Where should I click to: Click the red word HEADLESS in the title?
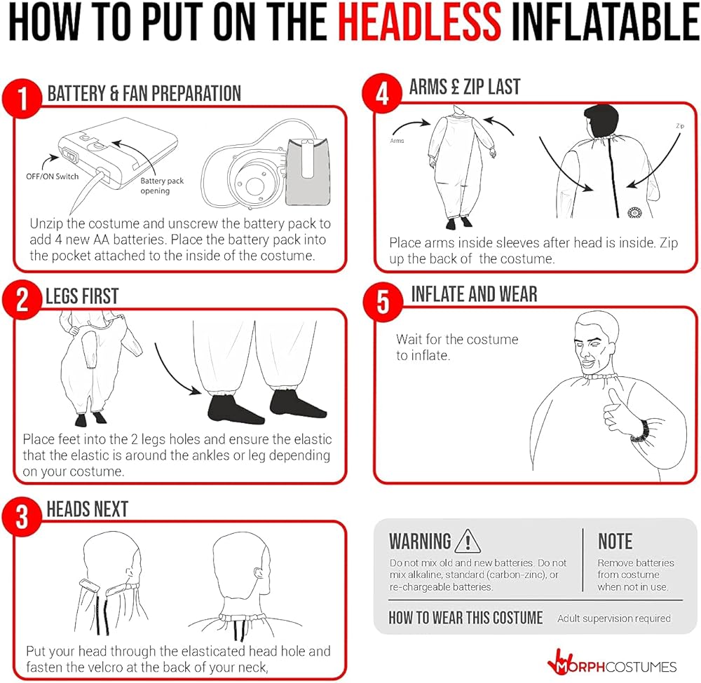[x=419, y=22]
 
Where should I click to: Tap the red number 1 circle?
[x=22, y=98]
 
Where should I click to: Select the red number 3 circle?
[x=22, y=517]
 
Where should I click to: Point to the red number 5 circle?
[x=383, y=301]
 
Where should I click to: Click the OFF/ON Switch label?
[x=53, y=177]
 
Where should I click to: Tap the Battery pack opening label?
[x=162, y=186]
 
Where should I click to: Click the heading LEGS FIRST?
[x=82, y=296]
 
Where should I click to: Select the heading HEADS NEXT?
[x=87, y=509]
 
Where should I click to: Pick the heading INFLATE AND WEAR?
[x=474, y=294]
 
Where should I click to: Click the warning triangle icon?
[x=467, y=541]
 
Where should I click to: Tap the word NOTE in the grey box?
[x=615, y=541]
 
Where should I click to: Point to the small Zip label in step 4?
[x=680, y=126]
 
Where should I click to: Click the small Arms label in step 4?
[x=397, y=141]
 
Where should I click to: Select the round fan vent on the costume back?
[x=635, y=213]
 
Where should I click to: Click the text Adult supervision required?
[x=614, y=619]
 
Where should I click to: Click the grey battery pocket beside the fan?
[x=308, y=172]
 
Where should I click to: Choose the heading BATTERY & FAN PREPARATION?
[x=144, y=93]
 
